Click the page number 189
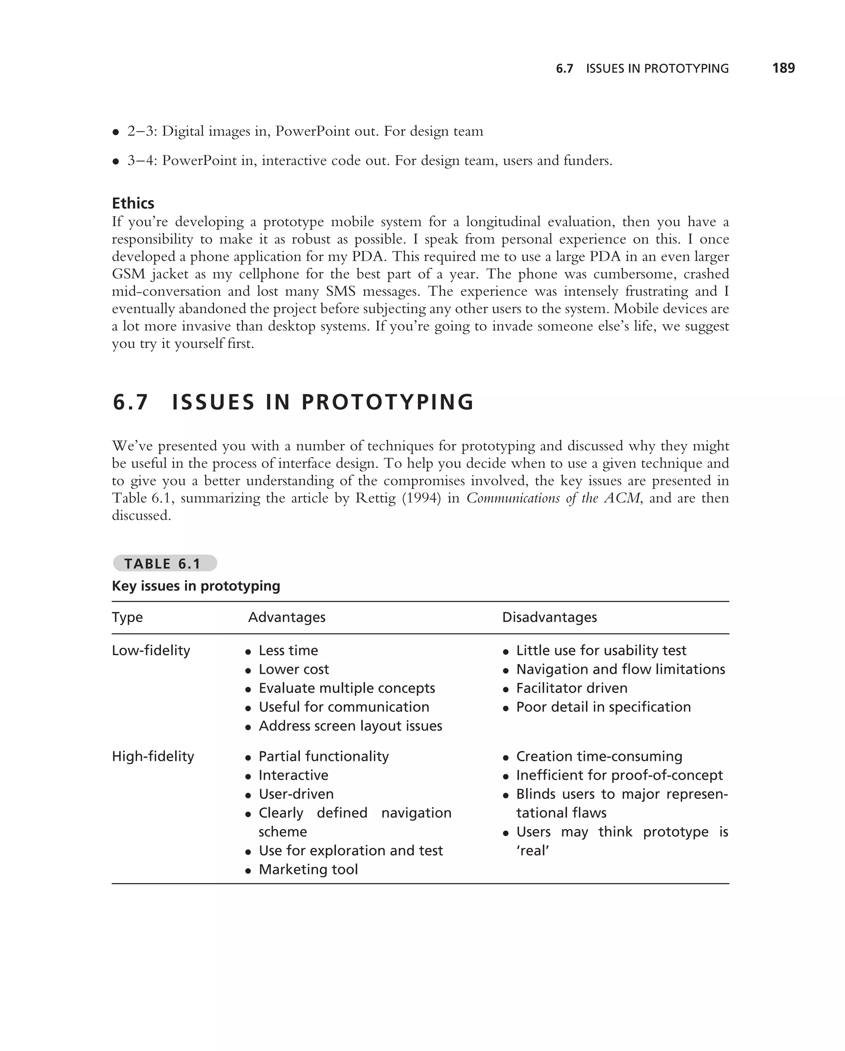click(783, 68)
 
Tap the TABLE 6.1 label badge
click(165, 564)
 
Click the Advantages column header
click(286, 617)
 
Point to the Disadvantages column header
click(549, 617)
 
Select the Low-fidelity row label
click(151, 650)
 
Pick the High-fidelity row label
click(153, 756)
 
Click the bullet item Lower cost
click(293, 669)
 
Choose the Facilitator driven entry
click(571, 688)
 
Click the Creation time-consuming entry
click(599, 756)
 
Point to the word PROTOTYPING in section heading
click(387, 403)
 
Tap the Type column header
click(127, 617)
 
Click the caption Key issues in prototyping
click(196, 586)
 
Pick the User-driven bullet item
click(296, 794)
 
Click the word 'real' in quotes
click(533, 850)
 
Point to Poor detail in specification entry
click(603, 707)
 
